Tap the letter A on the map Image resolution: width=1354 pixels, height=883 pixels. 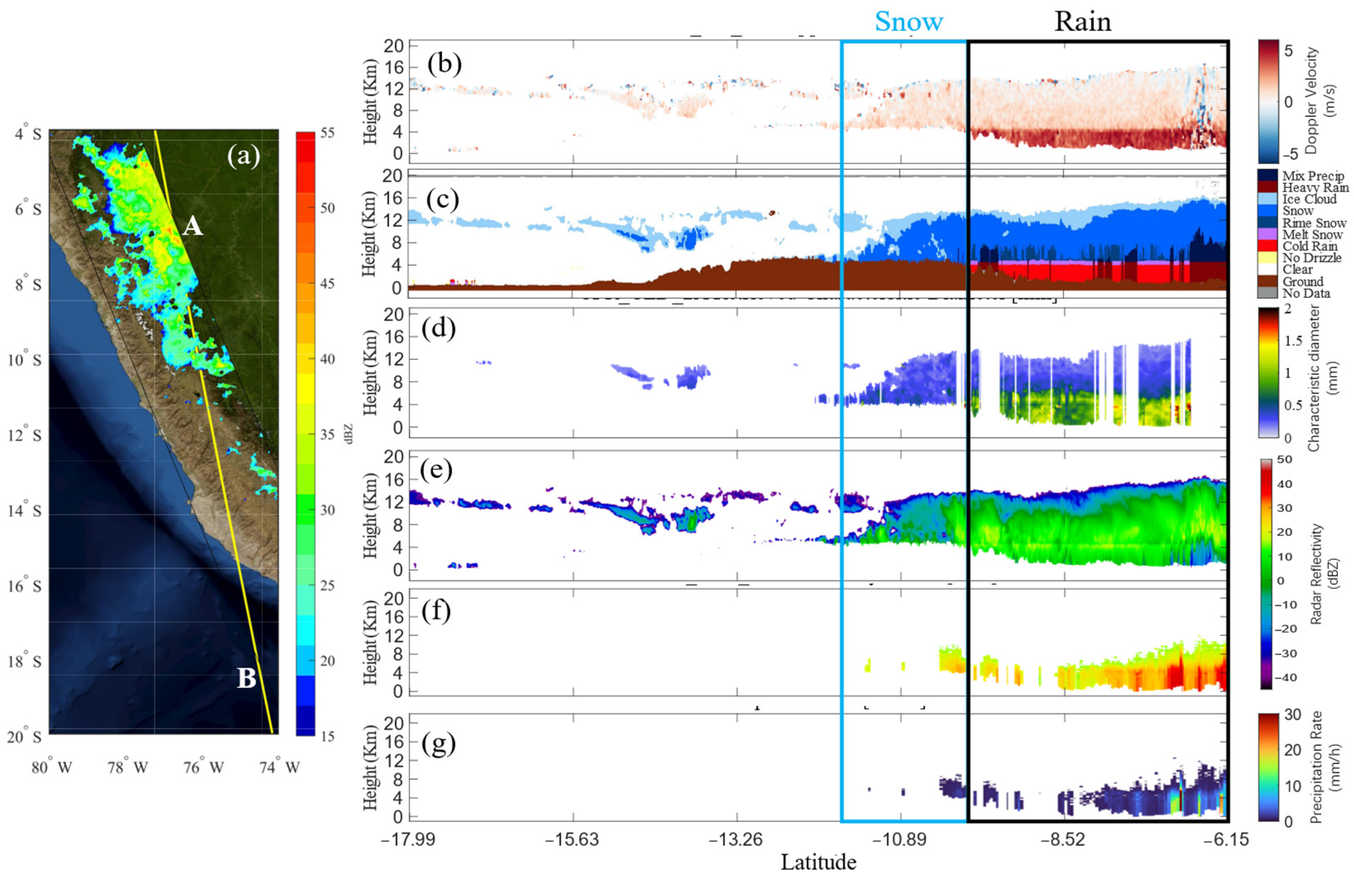pyautogui.click(x=193, y=227)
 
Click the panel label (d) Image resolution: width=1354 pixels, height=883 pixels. pyautogui.click(x=438, y=328)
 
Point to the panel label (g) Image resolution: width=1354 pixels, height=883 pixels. pyautogui.click(x=438, y=744)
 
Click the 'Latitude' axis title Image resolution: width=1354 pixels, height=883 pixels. pyautogui.click(x=818, y=862)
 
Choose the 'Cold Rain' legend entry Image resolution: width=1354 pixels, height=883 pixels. pyautogui.click(x=1309, y=246)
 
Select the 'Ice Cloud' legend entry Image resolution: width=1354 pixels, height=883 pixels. pyautogui.click(x=1309, y=199)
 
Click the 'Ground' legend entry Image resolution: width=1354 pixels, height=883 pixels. pyautogui.click(x=1302, y=281)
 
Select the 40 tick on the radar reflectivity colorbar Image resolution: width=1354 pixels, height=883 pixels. pyautogui.click(x=1285, y=484)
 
